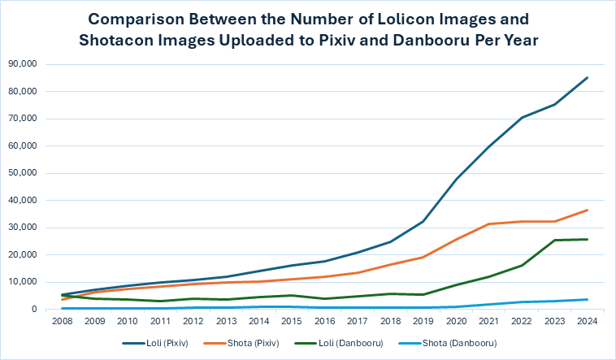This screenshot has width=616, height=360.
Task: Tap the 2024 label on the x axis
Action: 587,321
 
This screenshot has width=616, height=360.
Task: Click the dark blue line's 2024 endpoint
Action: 587,78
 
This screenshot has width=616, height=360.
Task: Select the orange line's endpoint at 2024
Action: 587,210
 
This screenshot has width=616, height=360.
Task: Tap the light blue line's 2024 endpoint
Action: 587,299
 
